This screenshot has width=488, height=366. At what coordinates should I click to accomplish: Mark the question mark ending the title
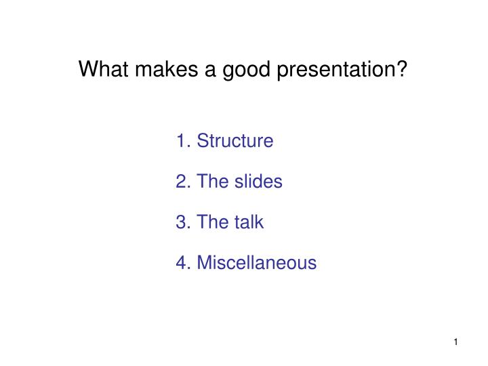coord(403,69)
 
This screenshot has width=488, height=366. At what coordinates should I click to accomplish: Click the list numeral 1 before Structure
coord(180,141)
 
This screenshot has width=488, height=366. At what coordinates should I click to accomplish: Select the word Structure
coord(235,141)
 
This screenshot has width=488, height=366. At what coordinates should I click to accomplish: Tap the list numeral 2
coord(180,182)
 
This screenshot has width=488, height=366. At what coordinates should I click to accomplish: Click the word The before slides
coord(211,182)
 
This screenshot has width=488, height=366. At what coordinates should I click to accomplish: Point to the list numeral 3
coord(180,222)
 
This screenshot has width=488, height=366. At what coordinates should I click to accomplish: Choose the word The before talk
coord(211,222)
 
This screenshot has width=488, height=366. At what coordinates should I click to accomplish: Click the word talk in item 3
coord(248,222)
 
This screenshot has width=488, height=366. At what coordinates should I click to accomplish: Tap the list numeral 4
coord(180,262)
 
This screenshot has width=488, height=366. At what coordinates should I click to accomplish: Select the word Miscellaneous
coord(256,262)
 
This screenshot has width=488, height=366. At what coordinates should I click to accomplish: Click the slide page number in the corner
coord(456,342)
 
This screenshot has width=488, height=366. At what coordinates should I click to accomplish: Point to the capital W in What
coord(87,69)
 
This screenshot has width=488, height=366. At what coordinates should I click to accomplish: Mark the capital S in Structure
coord(201,141)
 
